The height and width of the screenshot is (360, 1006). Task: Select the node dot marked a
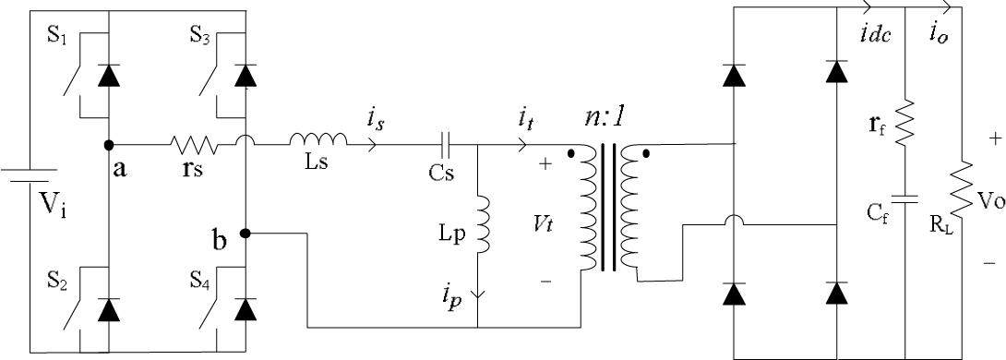(x=109, y=145)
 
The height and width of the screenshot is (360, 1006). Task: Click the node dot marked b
(x=246, y=233)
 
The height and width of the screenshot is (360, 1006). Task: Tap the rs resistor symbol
(x=193, y=145)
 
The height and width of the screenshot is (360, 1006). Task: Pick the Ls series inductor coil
(x=318, y=140)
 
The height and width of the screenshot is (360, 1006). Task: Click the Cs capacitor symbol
(x=447, y=145)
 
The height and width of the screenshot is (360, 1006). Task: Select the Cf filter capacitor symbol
(x=905, y=198)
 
